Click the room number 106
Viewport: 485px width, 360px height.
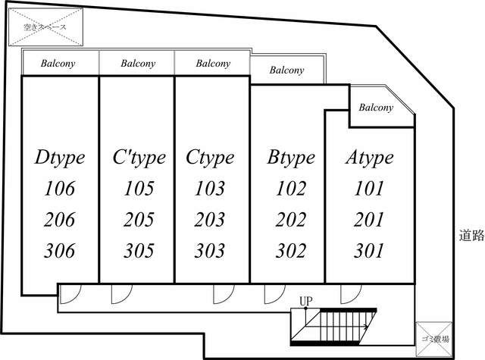(60, 189)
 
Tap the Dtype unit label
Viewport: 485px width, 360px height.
(60, 158)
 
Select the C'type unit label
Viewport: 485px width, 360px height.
(139, 158)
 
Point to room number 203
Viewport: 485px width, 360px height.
(210, 220)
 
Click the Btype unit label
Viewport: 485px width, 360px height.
(290, 158)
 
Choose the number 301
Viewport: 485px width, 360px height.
(369, 251)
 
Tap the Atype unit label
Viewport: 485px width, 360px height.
(369, 158)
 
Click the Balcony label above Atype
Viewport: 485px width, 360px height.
(376, 108)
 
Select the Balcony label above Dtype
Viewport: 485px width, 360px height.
(59, 64)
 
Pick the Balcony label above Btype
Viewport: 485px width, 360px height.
(287, 70)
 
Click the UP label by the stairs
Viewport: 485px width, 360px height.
(305, 302)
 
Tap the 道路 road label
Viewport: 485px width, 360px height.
(471, 235)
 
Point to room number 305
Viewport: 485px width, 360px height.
(139, 251)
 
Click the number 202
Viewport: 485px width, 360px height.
(290, 220)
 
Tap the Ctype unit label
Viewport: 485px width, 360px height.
(210, 158)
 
